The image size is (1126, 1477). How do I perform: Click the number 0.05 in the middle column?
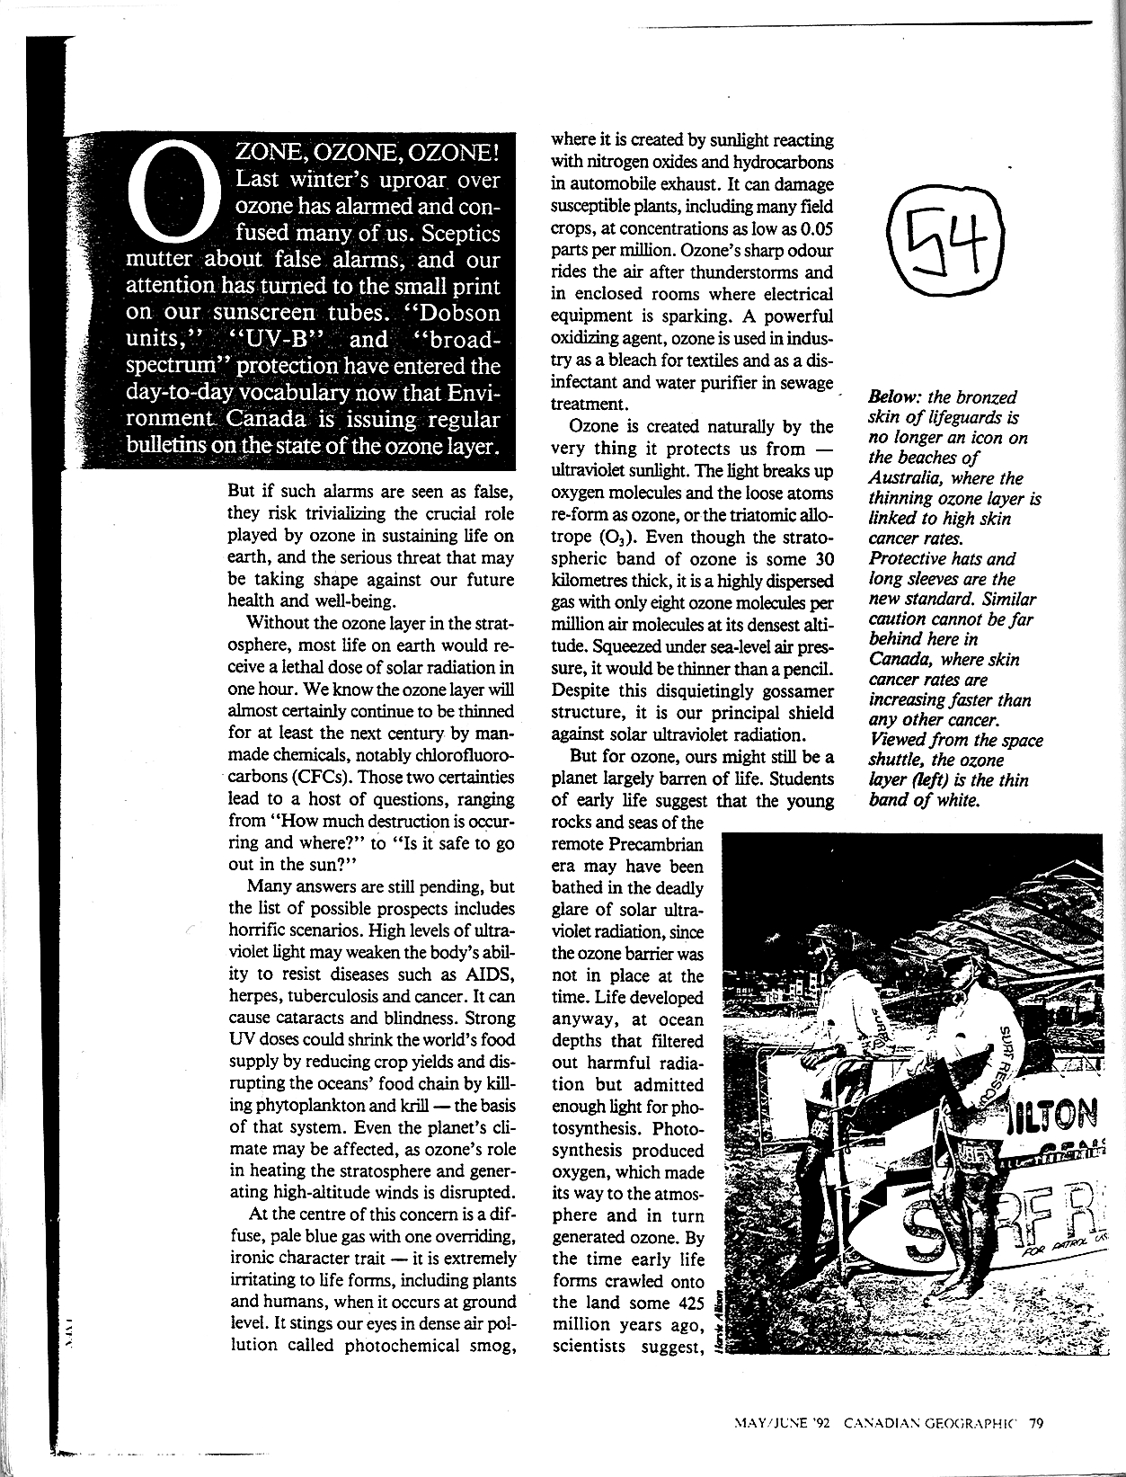(810, 227)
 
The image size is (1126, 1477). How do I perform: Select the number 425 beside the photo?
(687, 1303)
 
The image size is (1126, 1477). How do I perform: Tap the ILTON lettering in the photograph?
(1066, 1117)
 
